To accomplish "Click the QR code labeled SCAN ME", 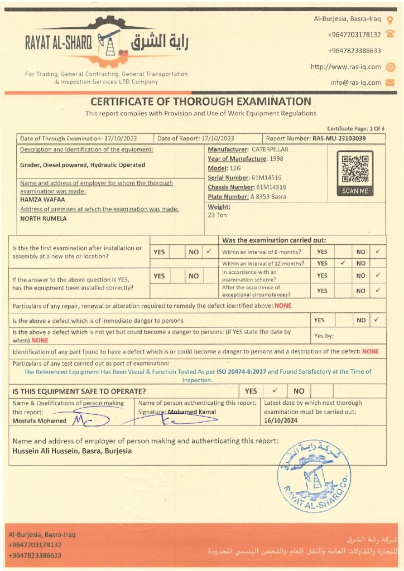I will click(x=355, y=169).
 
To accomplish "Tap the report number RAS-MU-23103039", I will click(x=339, y=138).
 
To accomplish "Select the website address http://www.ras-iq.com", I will click(x=345, y=67).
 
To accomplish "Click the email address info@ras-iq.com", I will click(x=355, y=83).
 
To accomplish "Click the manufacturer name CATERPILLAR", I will click(x=270, y=149).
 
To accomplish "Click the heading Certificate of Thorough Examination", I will click(x=201, y=101).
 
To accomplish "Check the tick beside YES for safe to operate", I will click(x=275, y=391).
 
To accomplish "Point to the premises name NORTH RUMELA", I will click(x=43, y=219).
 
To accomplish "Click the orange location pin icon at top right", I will click(x=390, y=19).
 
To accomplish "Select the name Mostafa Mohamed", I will click(x=39, y=421).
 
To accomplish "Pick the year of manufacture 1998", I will click(x=276, y=159).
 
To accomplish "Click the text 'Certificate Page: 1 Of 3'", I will click(x=355, y=129).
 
